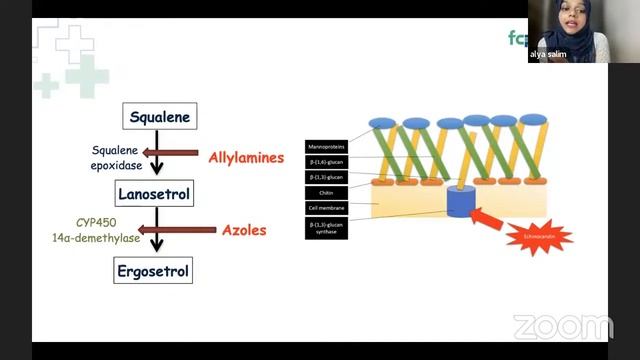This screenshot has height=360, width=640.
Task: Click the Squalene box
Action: [x=159, y=117]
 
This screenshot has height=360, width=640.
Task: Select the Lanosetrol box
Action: [x=154, y=193]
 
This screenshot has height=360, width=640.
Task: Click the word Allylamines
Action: [x=246, y=158]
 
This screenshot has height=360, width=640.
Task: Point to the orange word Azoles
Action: [x=244, y=230]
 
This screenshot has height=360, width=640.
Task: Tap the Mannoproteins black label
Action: [x=328, y=144]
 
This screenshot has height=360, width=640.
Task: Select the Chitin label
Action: [x=328, y=191]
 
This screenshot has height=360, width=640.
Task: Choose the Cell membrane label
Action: [x=328, y=207]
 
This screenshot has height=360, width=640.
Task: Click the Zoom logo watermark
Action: [x=562, y=327]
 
